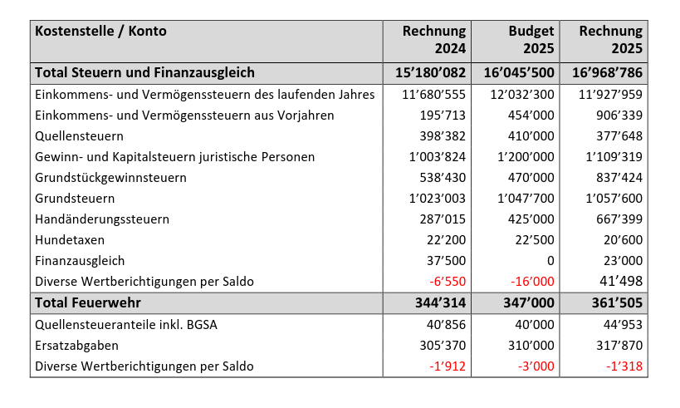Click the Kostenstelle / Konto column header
[x=100, y=32]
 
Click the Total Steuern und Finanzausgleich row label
[x=144, y=73]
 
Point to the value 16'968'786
[x=607, y=73]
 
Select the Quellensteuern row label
[x=79, y=135]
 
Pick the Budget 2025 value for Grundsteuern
[x=526, y=199]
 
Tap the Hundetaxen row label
[x=71, y=240]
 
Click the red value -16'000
[x=532, y=282]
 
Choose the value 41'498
[x=620, y=282]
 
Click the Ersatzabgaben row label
[x=77, y=345]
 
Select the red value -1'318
[x=624, y=366]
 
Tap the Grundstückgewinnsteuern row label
[x=110, y=178]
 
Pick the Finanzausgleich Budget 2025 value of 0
[x=550, y=261]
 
